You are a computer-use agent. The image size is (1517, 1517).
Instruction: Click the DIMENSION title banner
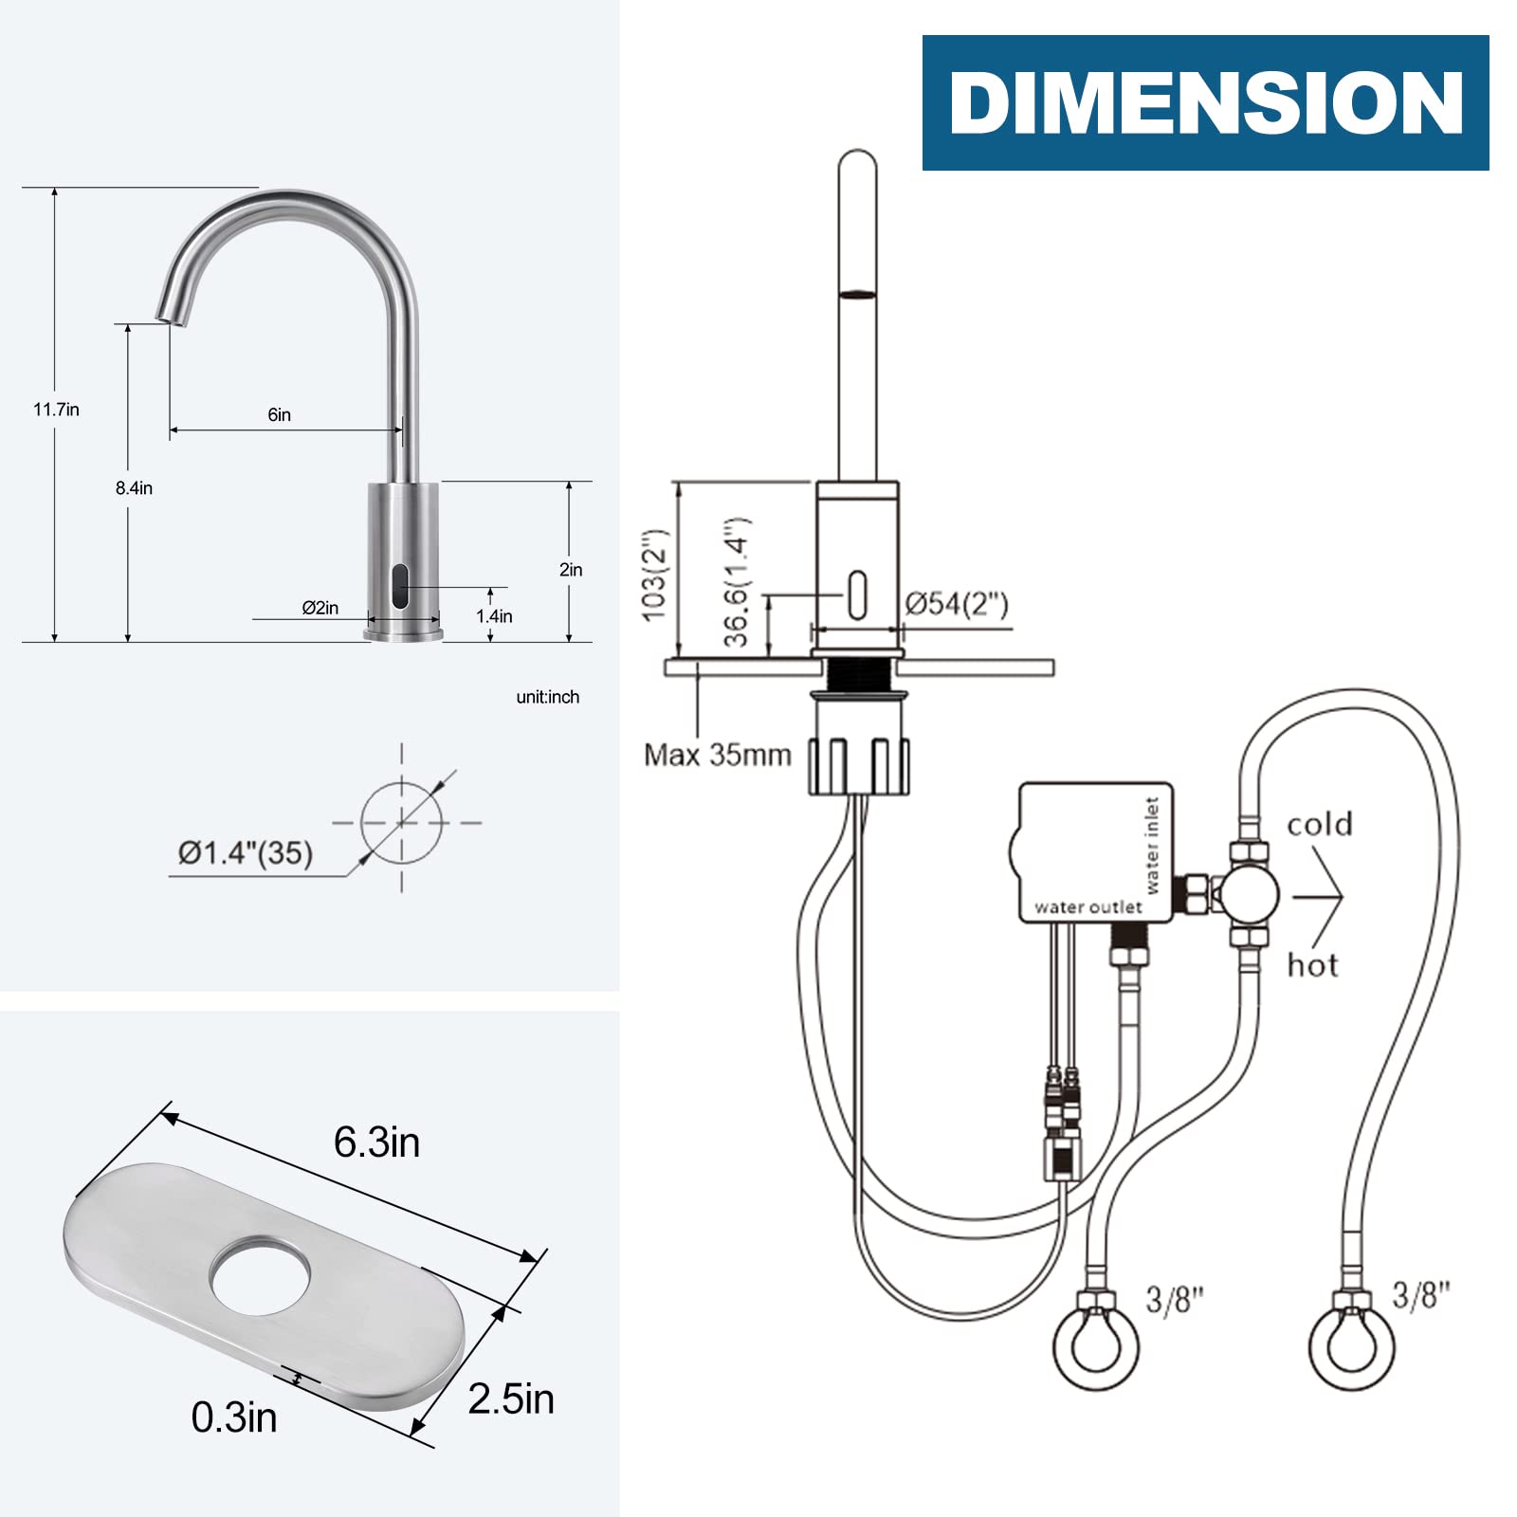click(x=1205, y=102)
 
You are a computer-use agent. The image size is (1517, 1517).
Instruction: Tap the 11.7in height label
click(x=56, y=410)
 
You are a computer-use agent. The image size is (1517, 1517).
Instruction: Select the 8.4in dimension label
click(x=134, y=487)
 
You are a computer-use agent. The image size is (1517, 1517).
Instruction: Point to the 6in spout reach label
click(x=279, y=414)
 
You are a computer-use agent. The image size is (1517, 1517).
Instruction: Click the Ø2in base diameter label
click(x=320, y=608)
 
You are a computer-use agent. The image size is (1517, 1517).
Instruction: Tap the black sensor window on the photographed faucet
click(x=400, y=586)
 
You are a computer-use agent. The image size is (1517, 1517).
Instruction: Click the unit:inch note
click(x=547, y=697)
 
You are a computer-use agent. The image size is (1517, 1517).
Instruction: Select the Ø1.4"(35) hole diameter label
click(x=246, y=852)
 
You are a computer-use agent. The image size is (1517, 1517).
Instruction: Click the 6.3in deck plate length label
click(x=376, y=1142)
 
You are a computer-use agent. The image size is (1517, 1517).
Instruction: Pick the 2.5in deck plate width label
click(x=511, y=1398)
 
